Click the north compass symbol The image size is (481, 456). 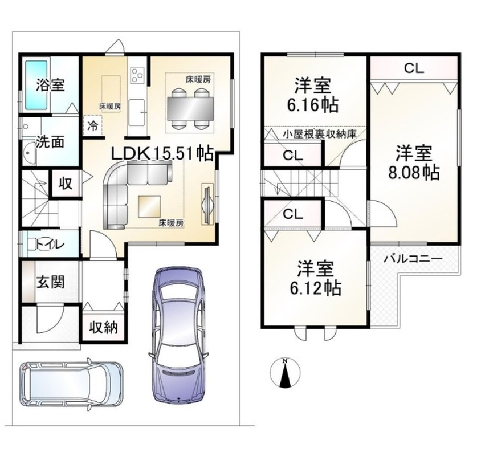[x=286, y=373]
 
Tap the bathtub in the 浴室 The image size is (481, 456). [x=36, y=85]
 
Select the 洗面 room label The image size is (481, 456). [x=50, y=141]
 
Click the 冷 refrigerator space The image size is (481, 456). [x=93, y=125]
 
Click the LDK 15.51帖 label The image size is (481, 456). [x=162, y=153]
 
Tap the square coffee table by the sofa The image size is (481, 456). [x=149, y=206]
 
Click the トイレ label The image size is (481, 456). [x=51, y=245]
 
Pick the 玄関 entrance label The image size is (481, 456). [x=51, y=282]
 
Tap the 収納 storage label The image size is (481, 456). [x=103, y=327]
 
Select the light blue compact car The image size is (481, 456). [x=71, y=384]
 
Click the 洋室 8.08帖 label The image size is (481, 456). [x=414, y=162]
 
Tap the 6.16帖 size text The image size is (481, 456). [x=312, y=105]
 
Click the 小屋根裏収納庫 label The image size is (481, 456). [x=320, y=134]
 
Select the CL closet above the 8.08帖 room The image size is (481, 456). [x=414, y=68]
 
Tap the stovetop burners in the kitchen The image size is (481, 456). [x=137, y=75]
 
